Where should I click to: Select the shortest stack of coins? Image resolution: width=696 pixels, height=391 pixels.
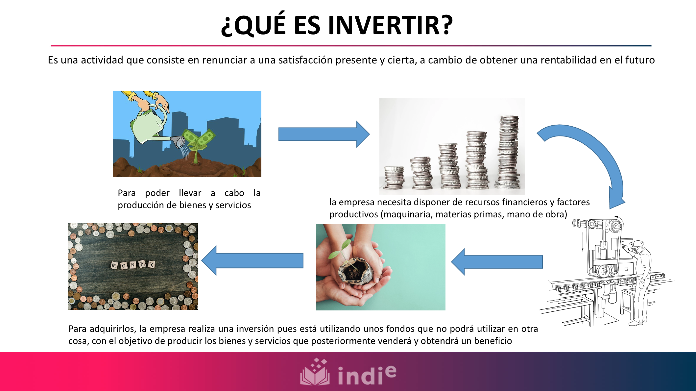point(394,178)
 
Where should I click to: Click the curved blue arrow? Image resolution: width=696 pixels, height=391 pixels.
point(588,158)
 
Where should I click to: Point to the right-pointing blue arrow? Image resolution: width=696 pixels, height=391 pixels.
point(324,134)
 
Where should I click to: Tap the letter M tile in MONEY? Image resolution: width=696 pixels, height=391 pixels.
point(114,265)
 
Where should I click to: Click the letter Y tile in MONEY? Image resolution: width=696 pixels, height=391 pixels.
point(152,264)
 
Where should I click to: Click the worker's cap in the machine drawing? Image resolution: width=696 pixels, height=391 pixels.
point(637,244)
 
